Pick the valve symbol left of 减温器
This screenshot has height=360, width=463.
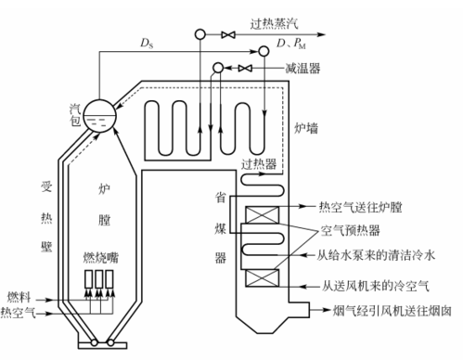point(245,69)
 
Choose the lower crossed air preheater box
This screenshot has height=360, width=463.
point(258,276)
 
